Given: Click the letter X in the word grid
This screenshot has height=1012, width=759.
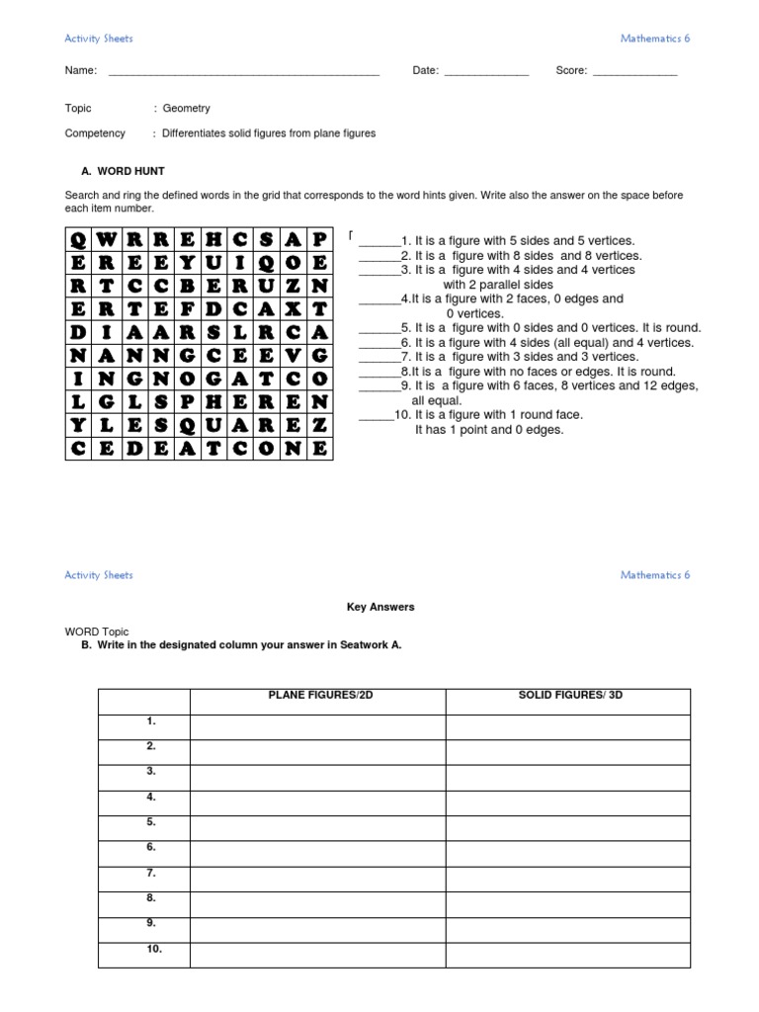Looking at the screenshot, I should pos(293,308).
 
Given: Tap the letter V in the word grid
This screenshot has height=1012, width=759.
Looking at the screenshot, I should pos(293,355).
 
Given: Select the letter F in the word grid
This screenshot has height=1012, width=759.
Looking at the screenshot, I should pos(185,308).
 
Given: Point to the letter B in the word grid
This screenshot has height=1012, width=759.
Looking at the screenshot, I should pos(185,286).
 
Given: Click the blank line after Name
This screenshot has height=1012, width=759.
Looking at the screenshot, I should pos(243,71).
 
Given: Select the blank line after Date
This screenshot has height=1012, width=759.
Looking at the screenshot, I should pos(486,71).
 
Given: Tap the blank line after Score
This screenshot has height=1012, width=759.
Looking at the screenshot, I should pos(634,71).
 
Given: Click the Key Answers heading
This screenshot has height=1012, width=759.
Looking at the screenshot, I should pos(379,607).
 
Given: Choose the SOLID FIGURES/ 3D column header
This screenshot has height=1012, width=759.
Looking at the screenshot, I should pos(570,696).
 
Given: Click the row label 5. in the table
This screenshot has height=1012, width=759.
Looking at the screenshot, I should pos(151,821).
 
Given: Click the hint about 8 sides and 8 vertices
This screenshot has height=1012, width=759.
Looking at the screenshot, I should pos(514,255).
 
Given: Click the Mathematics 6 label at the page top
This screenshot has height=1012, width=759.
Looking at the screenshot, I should pos(654,39).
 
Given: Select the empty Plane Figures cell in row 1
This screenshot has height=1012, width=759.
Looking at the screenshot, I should pos(317,727).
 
